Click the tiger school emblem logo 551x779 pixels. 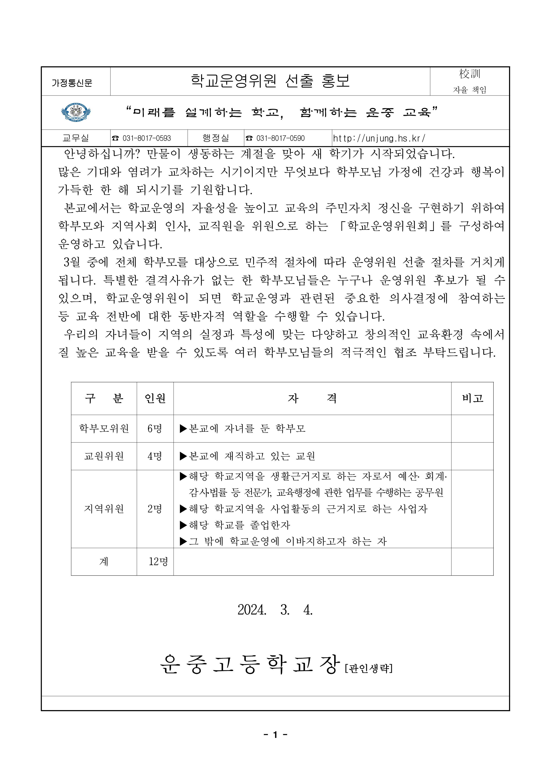pos(76,112)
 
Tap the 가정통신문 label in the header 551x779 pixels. pos(72,83)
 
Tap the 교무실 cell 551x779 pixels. pos(76,138)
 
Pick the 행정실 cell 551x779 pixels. pos(216,138)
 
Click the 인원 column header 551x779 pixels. pos(155,398)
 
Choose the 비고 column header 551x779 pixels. pos(472,398)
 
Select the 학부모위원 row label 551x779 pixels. pos(104,429)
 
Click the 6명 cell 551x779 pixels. pos(155,429)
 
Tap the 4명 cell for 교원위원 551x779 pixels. pos(155,456)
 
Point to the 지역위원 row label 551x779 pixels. pos(104,509)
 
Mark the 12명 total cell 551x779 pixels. pos(158,562)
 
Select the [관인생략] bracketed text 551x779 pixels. pos(369,668)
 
